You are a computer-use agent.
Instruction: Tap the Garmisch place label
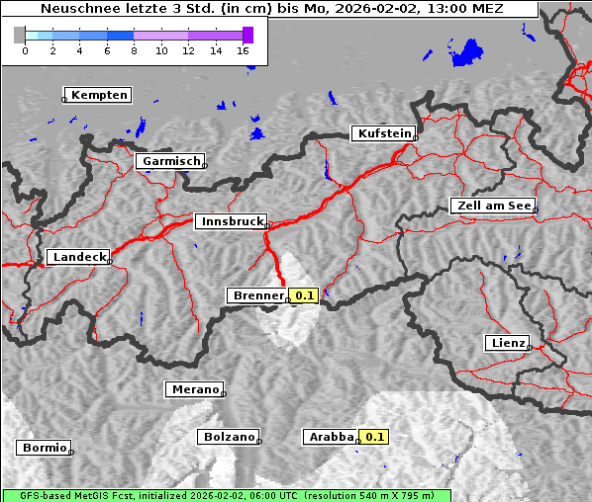click(171, 161)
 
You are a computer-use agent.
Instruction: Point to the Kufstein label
click(383, 133)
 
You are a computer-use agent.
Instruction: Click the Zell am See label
click(493, 206)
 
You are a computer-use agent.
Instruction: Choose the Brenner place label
click(257, 295)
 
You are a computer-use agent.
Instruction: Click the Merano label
click(194, 389)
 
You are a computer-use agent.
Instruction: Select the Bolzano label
click(230, 437)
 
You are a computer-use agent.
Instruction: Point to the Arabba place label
click(330, 437)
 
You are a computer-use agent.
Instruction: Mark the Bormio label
click(45, 448)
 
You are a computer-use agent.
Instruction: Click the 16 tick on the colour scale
click(243, 50)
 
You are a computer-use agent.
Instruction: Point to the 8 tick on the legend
click(134, 50)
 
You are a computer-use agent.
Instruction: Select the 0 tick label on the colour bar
click(25, 50)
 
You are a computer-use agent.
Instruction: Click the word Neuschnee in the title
click(80, 9)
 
